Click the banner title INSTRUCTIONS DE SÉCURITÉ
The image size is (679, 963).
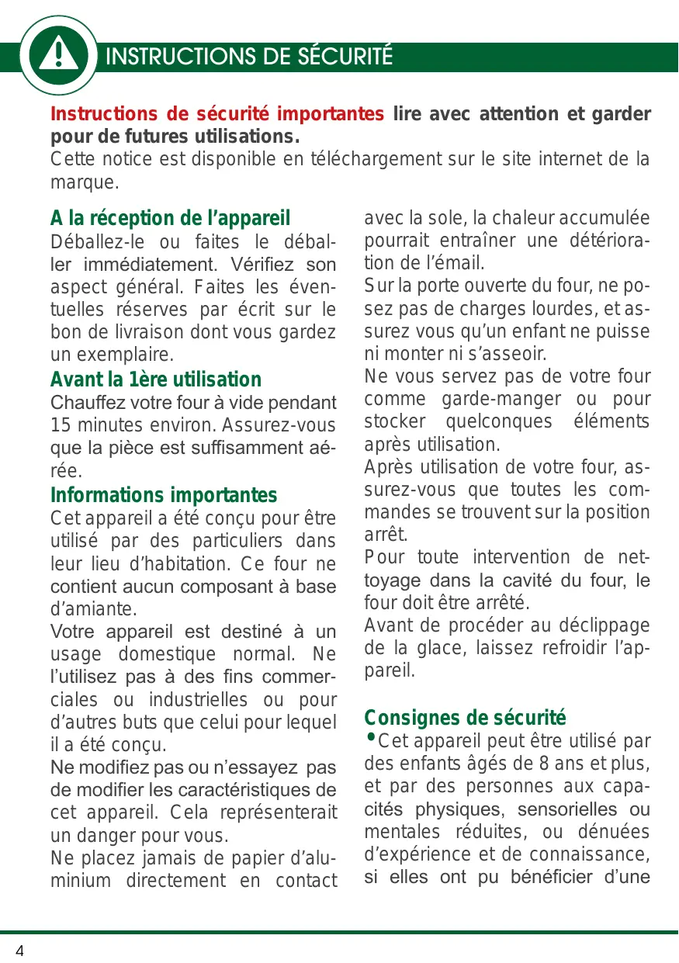tap(249, 57)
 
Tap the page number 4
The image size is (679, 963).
tap(19, 951)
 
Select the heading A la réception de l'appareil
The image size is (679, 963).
tap(170, 217)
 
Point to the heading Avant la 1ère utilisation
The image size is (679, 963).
tap(155, 379)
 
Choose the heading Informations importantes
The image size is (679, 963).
tap(163, 495)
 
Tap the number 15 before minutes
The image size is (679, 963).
tap(61, 426)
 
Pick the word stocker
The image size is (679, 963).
tap(393, 423)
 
